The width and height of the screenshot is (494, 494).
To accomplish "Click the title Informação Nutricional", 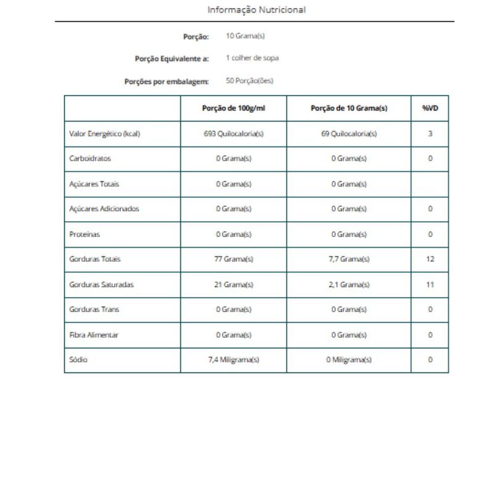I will pyautogui.click(x=256, y=10).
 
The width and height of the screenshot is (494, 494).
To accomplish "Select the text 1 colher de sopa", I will pyautogui.click(x=252, y=59).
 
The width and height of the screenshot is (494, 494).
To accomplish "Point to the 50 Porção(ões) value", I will pyautogui.click(x=249, y=80).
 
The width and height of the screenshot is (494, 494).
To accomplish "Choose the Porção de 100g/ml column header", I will pyautogui.click(x=233, y=108).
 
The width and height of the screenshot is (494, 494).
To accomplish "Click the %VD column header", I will pyautogui.click(x=430, y=108).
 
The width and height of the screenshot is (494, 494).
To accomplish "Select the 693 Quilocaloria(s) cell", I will pyautogui.click(x=233, y=133).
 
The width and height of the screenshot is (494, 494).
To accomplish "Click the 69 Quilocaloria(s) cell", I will pyautogui.click(x=349, y=133).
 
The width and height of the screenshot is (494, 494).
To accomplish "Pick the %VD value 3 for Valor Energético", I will pyautogui.click(x=430, y=133).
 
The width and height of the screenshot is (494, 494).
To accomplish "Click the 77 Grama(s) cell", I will pyautogui.click(x=233, y=259).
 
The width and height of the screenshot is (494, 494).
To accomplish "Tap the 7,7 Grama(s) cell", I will pyautogui.click(x=349, y=259).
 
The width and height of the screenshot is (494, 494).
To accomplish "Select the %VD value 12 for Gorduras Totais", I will pyautogui.click(x=430, y=259).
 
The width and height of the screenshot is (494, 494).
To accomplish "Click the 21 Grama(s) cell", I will pyautogui.click(x=233, y=285).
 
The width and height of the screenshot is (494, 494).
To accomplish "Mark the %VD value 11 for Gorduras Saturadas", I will pyautogui.click(x=430, y=285).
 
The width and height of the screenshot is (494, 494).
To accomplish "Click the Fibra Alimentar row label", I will pyautogui.click(x=94, y=335).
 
